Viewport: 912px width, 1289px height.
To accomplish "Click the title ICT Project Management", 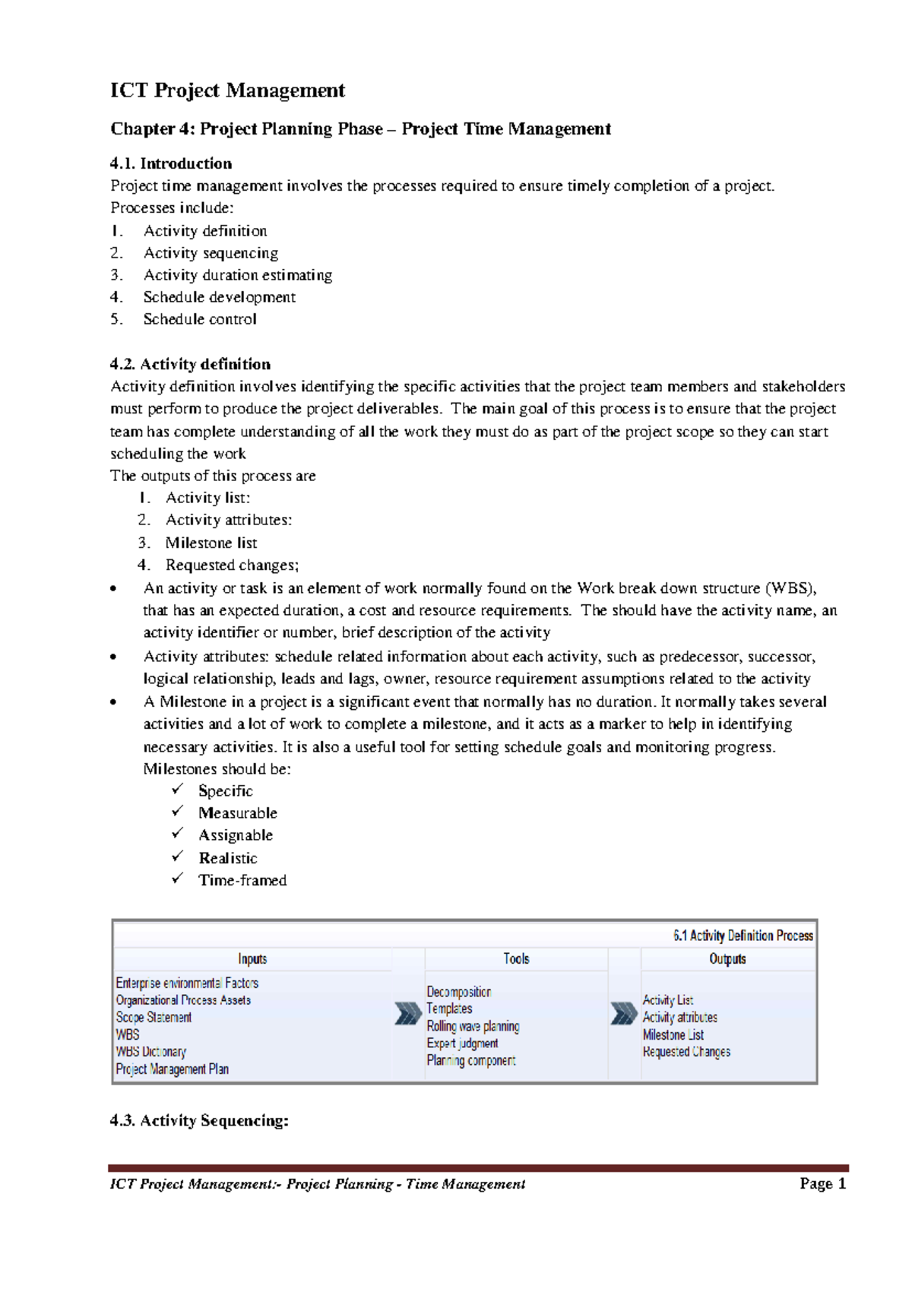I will pos(227,91).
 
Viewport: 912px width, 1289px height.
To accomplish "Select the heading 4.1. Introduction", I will pos(171,163).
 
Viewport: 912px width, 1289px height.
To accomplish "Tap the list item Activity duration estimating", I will pos(237,275).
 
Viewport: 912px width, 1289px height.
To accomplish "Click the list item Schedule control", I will pos(200,319).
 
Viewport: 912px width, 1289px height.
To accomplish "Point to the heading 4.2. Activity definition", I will pos(190,364).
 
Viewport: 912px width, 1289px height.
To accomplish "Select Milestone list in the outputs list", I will pos(211,543).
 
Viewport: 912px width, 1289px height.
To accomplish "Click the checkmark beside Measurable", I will pos(178,812).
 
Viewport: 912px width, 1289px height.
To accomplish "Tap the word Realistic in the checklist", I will pos(228,858).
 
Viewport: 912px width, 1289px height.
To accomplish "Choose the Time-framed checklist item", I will pos(242,880).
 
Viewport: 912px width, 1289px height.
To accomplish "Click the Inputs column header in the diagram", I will pos(252,959).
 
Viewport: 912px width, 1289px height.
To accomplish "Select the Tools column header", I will pos(516,959).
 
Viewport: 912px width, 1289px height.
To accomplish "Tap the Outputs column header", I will pos(727,959).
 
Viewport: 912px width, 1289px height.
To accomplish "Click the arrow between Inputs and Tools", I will pos(408,1014).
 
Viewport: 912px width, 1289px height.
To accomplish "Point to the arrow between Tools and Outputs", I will pos(624,1014).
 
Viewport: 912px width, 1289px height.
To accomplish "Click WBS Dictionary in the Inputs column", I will pos(150,1052).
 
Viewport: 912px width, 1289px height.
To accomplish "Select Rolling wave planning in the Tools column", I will pos(473,1026).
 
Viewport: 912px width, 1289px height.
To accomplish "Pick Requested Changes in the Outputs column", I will pos(686,1052).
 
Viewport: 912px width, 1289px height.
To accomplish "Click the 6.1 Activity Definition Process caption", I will pos(743,936).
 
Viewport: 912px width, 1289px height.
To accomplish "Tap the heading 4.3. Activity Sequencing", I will pos(199,1120).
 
